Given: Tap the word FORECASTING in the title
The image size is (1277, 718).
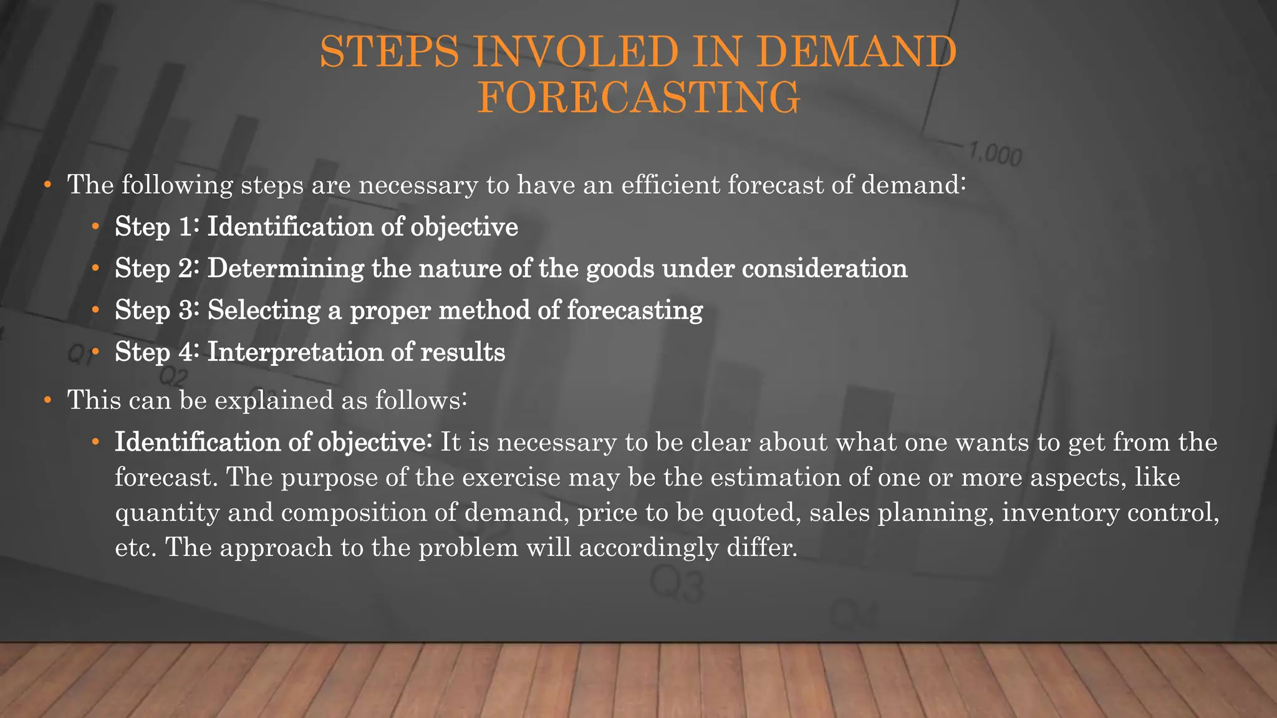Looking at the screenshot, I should pyautogui.click(x=638, y=98).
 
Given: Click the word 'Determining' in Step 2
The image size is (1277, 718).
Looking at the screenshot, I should pyautogui.click(x=286, y=268).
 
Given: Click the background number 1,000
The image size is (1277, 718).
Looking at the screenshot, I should pyautogui.click(x=995, y=154).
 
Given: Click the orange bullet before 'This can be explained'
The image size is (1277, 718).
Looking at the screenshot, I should pyautogui.click(x=47, y=400).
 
